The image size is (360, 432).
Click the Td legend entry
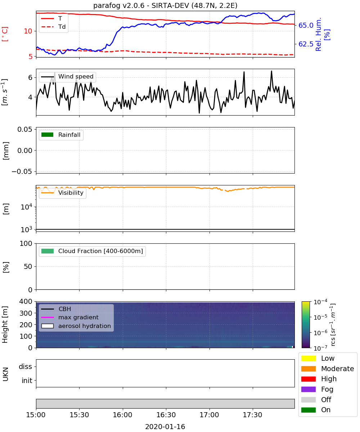click(53, 27)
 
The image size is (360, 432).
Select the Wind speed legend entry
click(67, 77)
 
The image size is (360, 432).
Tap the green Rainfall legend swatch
click(48, 135)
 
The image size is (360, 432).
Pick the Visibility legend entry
click(62, 193)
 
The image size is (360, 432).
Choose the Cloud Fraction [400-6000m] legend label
click(100, 251)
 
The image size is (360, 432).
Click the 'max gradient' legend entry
click(70, 318)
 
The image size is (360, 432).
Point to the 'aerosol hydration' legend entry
click(76, 326)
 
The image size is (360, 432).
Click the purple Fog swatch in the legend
click(308, 390)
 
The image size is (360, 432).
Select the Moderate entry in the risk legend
click(328, 369)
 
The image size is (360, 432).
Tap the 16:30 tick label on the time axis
click(166, 415)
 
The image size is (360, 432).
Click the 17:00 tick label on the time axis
click(209, 415)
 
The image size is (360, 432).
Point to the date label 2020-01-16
click(165, 427)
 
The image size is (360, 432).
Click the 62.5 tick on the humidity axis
click(306, 44)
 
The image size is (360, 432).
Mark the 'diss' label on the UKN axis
click(26, 366)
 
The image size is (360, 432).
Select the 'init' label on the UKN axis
click(27, 381)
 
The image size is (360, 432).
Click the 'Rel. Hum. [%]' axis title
click(322, 34)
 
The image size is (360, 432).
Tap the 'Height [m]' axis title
click(5, 325)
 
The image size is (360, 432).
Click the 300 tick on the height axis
click(26, 313)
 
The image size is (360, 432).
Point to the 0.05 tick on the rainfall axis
click(25, 130)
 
